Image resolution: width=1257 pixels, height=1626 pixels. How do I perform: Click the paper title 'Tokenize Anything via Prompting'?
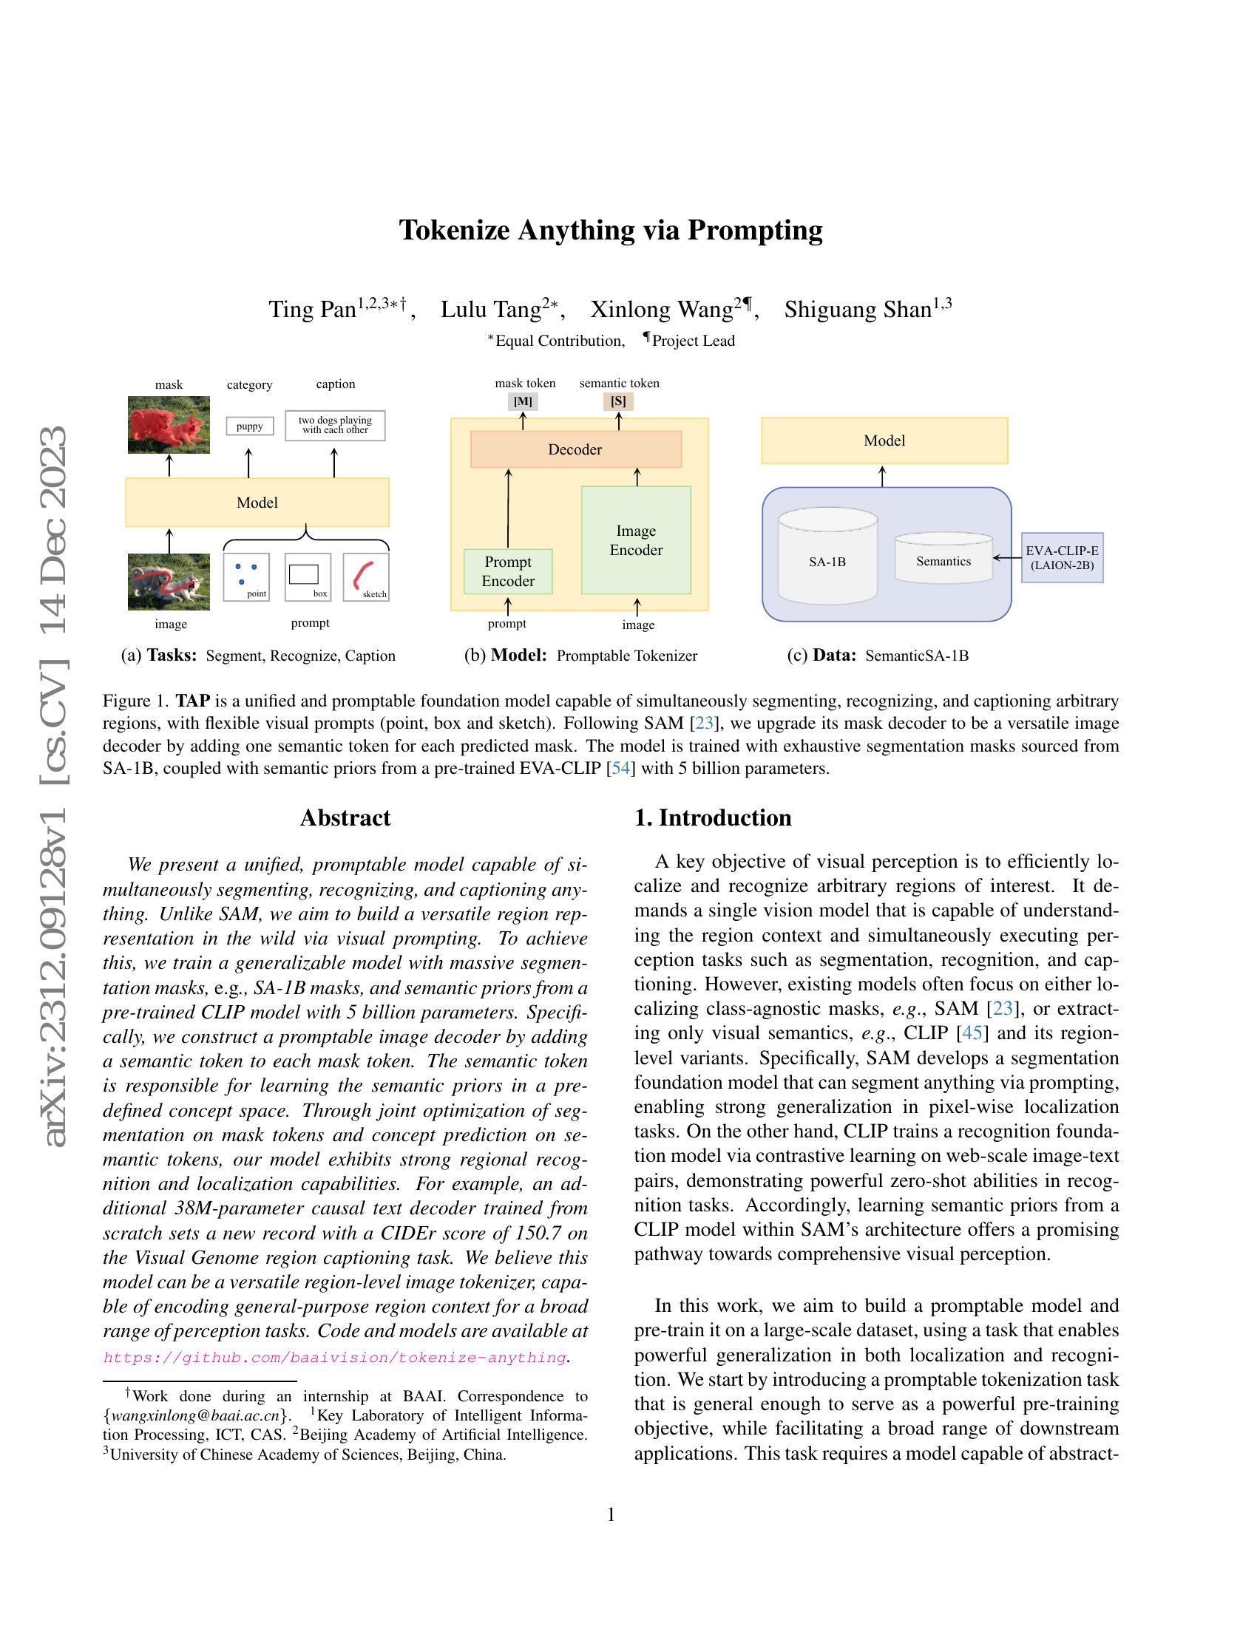[x=611, y=230]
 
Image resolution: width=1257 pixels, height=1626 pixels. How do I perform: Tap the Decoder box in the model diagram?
[x=575, y=449]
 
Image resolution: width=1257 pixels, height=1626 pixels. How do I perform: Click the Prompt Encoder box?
[x=508, y=572]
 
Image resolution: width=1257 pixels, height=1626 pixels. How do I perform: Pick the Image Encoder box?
[x=636, y=540]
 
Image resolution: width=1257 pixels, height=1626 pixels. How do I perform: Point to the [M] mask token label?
[x=524, y=401]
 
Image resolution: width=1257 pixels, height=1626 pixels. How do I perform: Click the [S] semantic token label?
[x=618, y=401]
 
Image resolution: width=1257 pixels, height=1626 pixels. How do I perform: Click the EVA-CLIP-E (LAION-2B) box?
[x=1062, y=557]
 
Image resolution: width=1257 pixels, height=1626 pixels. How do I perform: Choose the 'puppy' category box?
[x=249, y=426]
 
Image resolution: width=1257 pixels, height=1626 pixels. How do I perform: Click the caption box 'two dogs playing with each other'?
[x=335, y=425]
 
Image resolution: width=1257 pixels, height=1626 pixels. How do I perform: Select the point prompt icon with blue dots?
[x=246, y=577]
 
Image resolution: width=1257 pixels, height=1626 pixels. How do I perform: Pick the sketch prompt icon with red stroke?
[x=365, y=577]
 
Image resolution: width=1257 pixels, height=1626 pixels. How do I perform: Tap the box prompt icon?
[x=308, y=577]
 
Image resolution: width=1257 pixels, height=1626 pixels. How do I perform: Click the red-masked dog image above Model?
[x=169, y=425]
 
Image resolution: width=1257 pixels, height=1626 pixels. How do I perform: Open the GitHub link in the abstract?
[x=334, y=1357]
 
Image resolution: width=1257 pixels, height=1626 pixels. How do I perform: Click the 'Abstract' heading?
[x=345, y=817]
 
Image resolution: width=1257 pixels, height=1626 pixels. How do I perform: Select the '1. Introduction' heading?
[x=713, y=817]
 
